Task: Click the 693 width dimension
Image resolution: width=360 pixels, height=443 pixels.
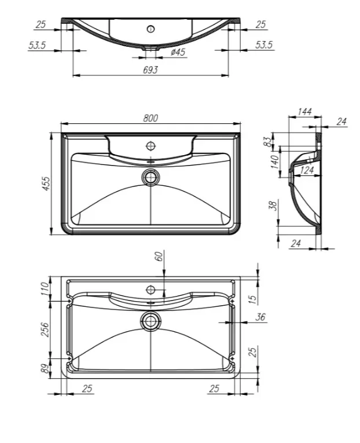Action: (150, 70)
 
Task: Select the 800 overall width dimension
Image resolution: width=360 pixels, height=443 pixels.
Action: (150, 118)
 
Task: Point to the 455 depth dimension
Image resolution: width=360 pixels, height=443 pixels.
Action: (46, 184)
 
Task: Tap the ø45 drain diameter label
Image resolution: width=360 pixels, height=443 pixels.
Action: (178, 52)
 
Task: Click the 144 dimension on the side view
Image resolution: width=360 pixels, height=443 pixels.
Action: (304, 112)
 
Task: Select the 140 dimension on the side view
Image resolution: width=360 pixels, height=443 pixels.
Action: (275, 162)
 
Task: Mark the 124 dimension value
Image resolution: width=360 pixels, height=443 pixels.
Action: (307, 170)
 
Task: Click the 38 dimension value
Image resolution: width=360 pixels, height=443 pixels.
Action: (273, 205)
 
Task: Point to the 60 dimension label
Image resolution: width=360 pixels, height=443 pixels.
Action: (159, 256)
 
